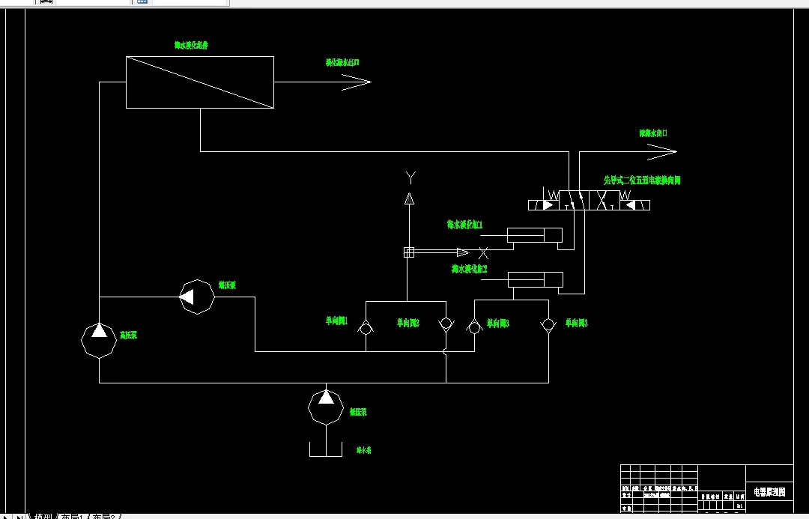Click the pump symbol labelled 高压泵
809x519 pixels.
100,341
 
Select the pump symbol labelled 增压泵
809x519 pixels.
198,297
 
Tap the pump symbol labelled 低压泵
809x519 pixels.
326,406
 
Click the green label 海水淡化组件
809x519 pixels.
191,46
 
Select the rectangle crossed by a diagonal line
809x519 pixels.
199,82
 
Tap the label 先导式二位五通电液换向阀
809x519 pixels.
642,180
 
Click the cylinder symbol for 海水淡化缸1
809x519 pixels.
534,235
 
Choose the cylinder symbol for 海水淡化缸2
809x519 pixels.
535,279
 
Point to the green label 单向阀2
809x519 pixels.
407,324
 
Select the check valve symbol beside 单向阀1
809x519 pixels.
366,326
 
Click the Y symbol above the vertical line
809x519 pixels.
410,177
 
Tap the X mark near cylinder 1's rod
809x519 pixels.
483,253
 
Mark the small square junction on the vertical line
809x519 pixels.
409,252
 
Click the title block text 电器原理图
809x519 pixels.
769,492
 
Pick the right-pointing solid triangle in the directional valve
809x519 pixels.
550,204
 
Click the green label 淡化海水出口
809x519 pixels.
342,63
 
